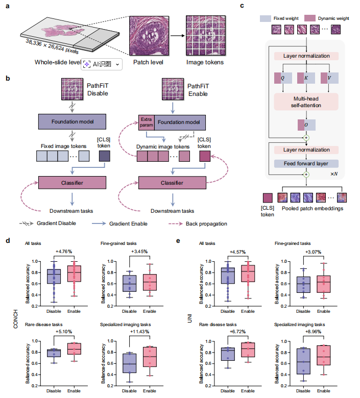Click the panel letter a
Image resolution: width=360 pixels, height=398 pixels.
pyautogui.click(x=7, y=7)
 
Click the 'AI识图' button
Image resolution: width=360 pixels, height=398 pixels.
pyautogui.click(x=102, y=64)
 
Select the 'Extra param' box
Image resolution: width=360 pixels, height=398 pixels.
pyautogui.click(x=147, y=122)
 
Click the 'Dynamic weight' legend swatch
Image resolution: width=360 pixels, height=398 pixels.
pyautogui.click(x=296, y=17)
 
